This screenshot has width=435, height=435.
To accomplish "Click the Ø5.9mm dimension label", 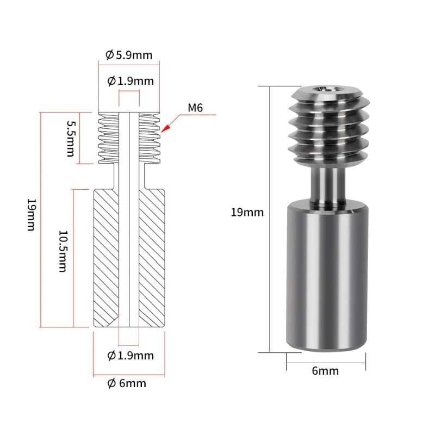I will pyautogui.click(x=129, y=55).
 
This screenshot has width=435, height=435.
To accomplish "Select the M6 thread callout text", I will pyautogui.click(x=195, y=108).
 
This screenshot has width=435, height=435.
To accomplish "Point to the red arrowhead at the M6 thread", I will pyautogui.click(x=166, y=128).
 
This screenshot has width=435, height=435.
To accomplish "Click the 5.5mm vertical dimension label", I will pyautogui.click(x=70, y=139).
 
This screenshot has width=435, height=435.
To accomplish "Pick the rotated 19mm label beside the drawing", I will pyautogui.click(x=31, y=215).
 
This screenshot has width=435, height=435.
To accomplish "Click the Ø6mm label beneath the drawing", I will pyautogui.click(x=127, y=383).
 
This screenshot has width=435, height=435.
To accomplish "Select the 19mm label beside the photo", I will pyautogui.click(x=247, y=213).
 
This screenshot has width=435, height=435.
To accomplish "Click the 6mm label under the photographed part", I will pyautogui.click(x=326, y=371).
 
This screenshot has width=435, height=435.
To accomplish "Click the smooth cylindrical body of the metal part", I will pyautogui.click(x=326, y=277).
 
